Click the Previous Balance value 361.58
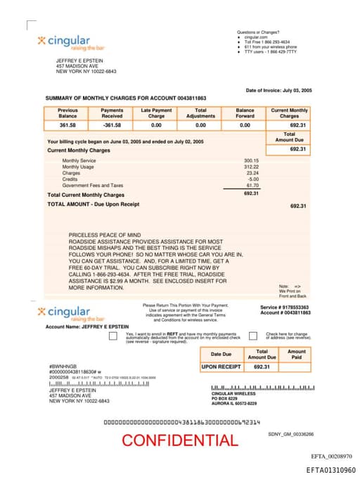tap(67, 125)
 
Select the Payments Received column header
tap(112, 113)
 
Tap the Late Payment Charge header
tap(156, 113)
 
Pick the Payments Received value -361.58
tap(112, 125)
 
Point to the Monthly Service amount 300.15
tap(251, 160)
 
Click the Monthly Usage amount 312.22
tap(251, 167)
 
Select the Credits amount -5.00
tap(253, 179)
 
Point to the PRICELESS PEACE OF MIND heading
tap(105, 234)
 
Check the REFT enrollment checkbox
tap(113, 336)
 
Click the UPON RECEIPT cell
tap(221, 367)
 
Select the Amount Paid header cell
tap(297, 355)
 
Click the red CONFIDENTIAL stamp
tap(179, 440)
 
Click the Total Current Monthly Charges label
tap(86, 195)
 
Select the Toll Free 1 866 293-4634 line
tap(264, 42)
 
